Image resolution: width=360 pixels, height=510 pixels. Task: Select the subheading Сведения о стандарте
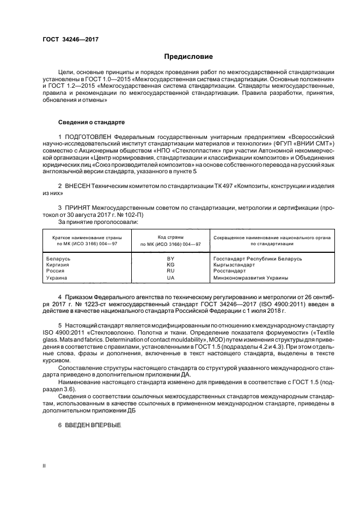[91, 122]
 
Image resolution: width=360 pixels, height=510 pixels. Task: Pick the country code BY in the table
[170, 258]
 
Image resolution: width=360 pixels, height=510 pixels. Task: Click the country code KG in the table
[170, 264]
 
